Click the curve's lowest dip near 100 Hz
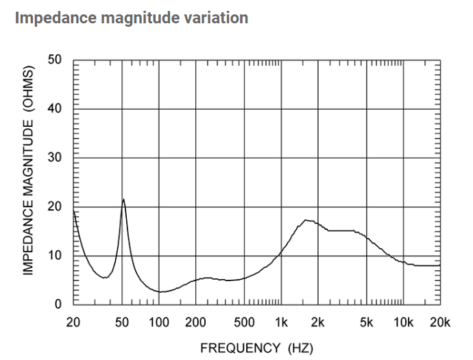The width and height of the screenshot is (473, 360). click(159, 291)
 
